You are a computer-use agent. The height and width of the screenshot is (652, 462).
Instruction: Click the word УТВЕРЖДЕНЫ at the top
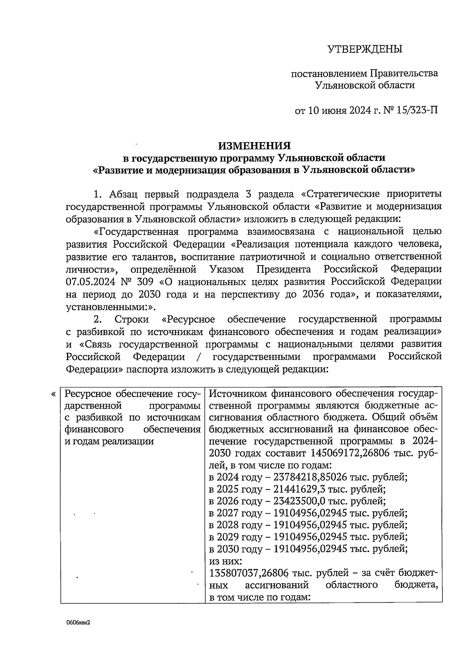pyautogui.click(x=365, y=49)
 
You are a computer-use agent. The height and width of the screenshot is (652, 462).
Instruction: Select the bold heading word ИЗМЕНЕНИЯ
pyautogui.click(x=254, y=146)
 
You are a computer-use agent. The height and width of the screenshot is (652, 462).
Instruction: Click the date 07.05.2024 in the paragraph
pyautogui.click(x=90, y=282)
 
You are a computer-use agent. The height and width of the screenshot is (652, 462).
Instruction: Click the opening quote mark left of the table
pyautogui.click(x=53, y=394)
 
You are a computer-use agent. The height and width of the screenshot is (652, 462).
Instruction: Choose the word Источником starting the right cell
pyautogui.click(x=239, y=394)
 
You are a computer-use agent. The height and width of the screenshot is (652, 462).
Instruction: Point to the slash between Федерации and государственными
pyautogui.click(x=198, y=357)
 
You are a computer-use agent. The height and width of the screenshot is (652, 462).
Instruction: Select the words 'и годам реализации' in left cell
pyautogui.click(x=109, y=441)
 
